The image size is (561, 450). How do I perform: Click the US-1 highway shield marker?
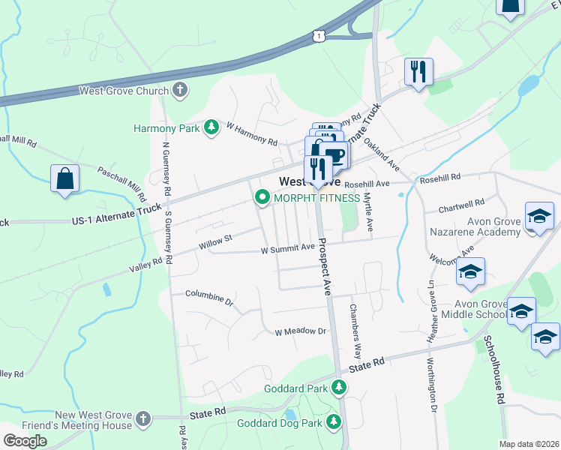[x=320, y=35]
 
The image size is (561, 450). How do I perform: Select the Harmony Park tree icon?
[x=212, y=127]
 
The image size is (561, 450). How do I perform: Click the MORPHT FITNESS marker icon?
[x=262, y=198]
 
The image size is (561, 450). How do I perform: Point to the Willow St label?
[x=216, y=241]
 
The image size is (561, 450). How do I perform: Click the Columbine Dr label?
[x=209, y=298]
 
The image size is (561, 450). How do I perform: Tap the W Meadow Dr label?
[x=301, y=331]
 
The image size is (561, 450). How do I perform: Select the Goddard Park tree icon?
[x=340, y=388]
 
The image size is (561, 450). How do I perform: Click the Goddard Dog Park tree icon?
[x=332, y=423]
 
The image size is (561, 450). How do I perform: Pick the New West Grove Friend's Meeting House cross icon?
[x=143, y=418]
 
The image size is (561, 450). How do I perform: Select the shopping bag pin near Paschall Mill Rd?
[x=64, y=179]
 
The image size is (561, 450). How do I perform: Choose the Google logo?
[x=25, y=440]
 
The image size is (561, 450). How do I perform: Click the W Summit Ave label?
[x=287, y=248]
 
